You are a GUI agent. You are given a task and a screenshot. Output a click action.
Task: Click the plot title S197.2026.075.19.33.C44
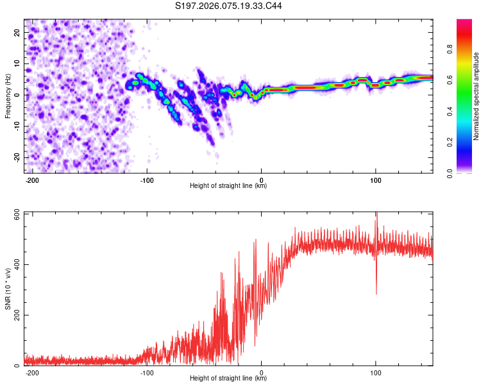tap(229, 6)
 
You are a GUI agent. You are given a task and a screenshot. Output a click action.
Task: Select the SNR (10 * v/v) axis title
tap(8, 289)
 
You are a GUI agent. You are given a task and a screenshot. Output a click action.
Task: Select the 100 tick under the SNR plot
tap(375, 373)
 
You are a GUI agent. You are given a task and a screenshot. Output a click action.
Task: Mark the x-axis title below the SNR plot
tap(229, 379)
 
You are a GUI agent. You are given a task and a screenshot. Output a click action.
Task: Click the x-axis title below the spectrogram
tap(229, 186)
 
